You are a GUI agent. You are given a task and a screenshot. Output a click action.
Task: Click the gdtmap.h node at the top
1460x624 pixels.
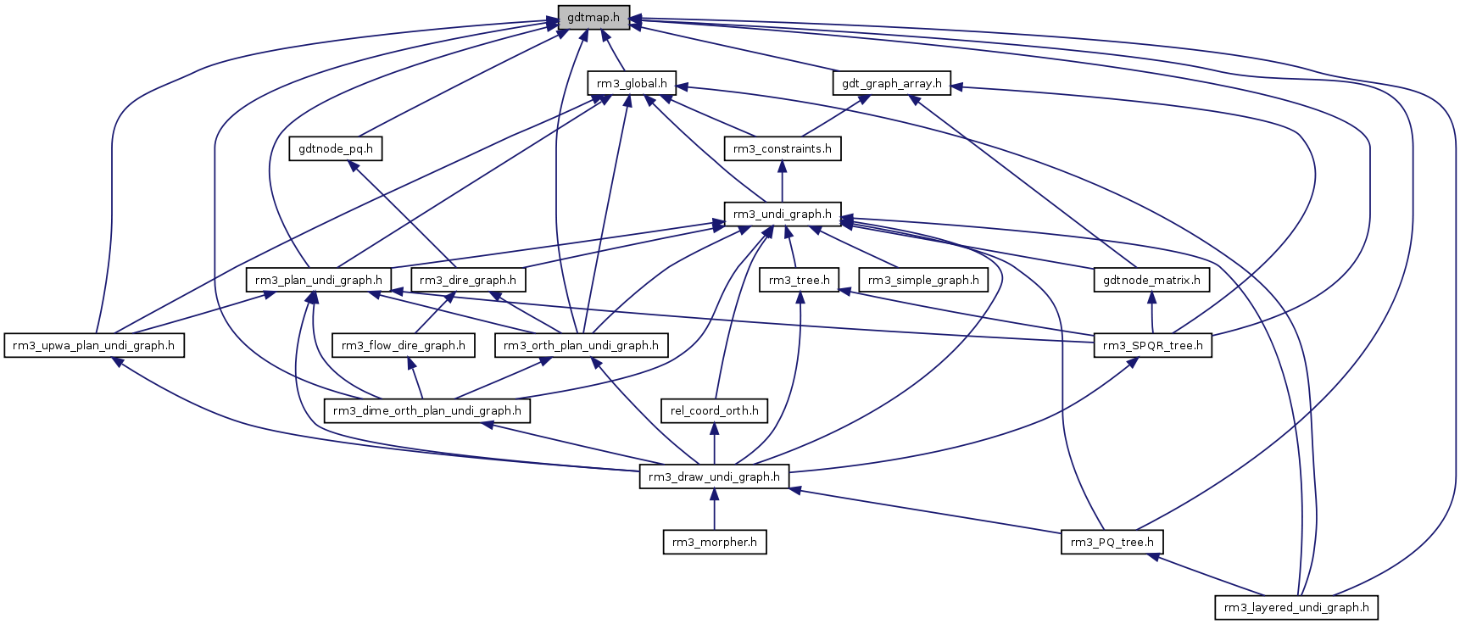(593, 18)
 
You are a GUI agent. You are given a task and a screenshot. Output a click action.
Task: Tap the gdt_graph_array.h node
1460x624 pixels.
(891, 83)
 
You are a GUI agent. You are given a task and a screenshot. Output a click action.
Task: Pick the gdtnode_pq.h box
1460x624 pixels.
(336, 149)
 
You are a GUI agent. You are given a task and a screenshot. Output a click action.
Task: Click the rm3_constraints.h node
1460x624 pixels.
(782, 149)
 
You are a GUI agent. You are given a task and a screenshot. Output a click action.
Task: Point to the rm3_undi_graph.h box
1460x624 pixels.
(782, 214)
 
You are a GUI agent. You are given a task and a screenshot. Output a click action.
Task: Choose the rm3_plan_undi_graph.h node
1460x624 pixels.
(318, 280)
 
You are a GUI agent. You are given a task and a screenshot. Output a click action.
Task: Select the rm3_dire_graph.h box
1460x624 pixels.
(468, 280)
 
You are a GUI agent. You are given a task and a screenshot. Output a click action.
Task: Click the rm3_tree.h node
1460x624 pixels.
(799, 280)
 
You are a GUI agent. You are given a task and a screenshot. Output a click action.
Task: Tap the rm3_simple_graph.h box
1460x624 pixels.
(923, 280)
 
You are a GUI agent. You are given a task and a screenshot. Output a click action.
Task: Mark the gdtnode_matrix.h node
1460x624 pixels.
(1151, 280)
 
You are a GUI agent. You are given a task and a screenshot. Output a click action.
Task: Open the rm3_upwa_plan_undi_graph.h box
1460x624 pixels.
(94, 346)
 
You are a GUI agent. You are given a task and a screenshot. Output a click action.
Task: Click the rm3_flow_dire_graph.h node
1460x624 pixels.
(404, 346)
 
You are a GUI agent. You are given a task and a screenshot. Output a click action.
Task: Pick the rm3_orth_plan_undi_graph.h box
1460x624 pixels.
(581, 346)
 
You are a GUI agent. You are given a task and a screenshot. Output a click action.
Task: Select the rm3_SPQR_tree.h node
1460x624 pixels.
(1152, 346)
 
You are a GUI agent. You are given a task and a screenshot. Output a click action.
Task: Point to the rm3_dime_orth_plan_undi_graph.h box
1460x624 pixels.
(427, 411)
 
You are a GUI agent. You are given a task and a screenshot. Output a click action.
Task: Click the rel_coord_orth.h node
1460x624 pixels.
(714, 411)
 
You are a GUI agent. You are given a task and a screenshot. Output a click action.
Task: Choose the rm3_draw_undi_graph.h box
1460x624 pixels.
(714, 477)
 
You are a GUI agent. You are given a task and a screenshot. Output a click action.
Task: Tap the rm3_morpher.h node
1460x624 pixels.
(714, 543)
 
